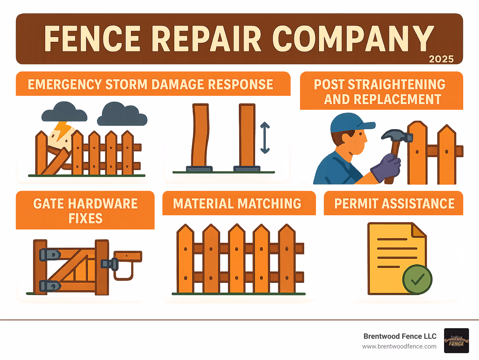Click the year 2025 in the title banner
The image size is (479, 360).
pos(441,59)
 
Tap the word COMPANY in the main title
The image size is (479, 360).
pos(353,39)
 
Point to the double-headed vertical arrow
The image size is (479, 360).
pos(265,138)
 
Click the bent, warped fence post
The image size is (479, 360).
pos(200,136)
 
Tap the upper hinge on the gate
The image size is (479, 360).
pos(50,255)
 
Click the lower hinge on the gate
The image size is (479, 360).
pos(50,285)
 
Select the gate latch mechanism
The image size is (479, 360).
pos(110,264)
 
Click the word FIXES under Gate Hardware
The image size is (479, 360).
pos(85,218)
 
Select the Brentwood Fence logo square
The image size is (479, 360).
pos(456,341)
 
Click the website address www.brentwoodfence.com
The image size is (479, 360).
pos(399,346)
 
